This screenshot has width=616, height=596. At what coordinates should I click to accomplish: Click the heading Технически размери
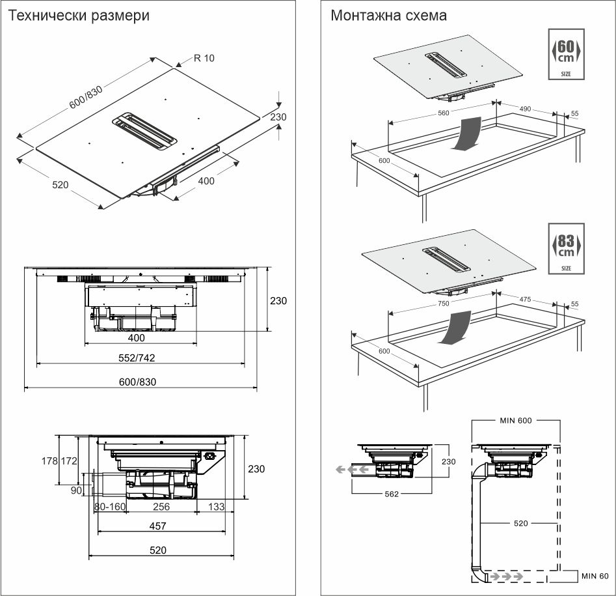point(79,15)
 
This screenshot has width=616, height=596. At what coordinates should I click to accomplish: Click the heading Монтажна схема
point(388,15)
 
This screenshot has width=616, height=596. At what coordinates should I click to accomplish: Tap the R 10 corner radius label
point(204,58)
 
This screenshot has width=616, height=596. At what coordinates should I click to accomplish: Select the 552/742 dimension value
point(136,358)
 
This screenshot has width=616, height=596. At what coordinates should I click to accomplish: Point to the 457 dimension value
point(157,526)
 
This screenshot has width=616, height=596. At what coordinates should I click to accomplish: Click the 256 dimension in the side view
point(161,506)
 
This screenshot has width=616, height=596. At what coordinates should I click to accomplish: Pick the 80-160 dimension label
point(109,506)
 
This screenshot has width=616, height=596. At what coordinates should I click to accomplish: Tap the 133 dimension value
point(217,506)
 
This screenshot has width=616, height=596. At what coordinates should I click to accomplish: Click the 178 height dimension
point(67,461)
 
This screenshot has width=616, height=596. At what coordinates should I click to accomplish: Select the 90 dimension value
point(76,490)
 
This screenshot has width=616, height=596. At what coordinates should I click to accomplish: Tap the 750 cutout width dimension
point(443,304)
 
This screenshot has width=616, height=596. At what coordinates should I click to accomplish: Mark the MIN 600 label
point(516,420)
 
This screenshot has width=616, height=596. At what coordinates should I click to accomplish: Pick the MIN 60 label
point(595,576)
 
